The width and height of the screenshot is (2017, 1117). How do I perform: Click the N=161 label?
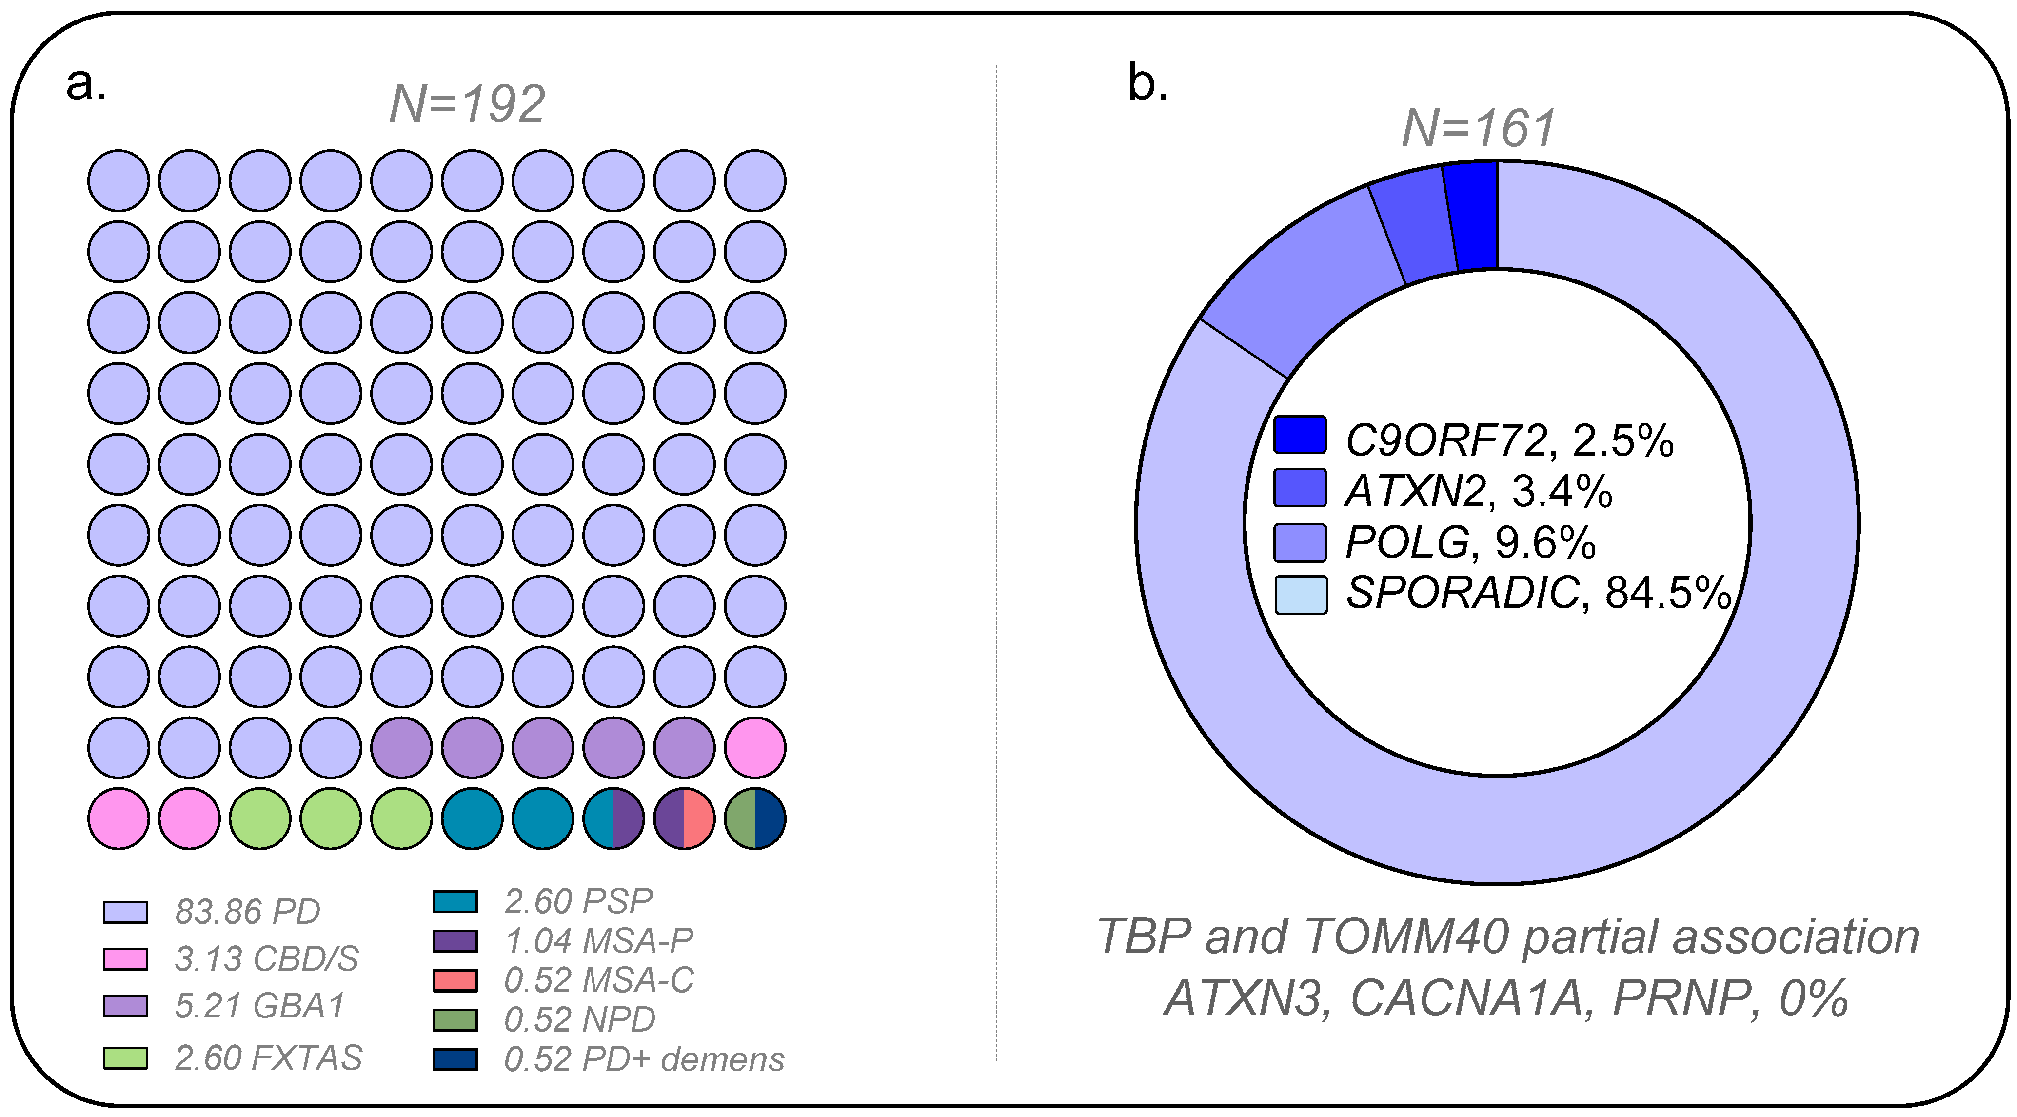pyautogui.click(x=1478, y=128)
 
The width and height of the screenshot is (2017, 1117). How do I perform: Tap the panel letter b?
pyautogui.click(x=1148, y=84)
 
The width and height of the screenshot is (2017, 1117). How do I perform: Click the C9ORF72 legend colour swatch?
pyautogui.click(x=1300, y=435)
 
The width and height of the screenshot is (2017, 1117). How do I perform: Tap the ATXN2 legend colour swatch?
pyautogui.click(x=1300, y=488)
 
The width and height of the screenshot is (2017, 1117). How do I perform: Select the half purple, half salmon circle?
pyautogui.click(x=684, y=818)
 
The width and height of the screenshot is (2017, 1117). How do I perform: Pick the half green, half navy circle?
pyautogui.click(x=755, y=818)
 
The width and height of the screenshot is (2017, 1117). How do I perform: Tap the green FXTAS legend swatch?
pyautogui.click(x=125, y=1057)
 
